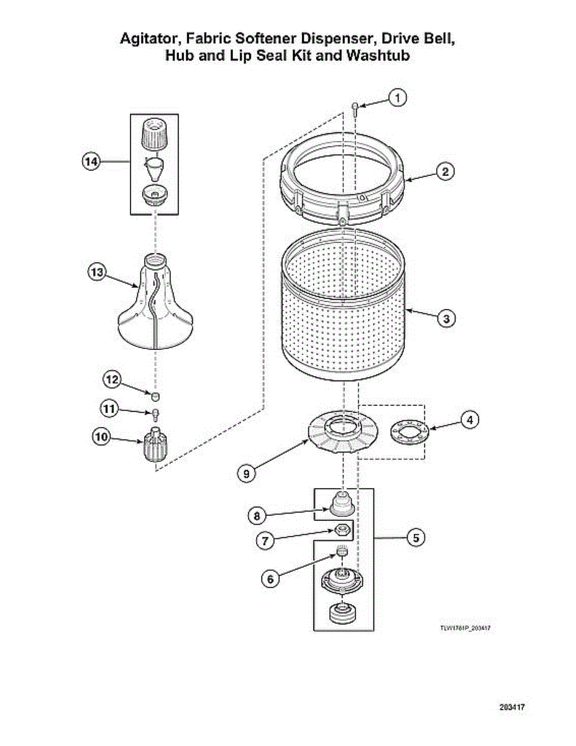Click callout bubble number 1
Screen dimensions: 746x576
click(398, 98)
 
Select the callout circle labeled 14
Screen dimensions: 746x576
click(92, 162)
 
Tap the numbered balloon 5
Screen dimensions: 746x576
click(416, 537)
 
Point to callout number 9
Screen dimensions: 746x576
click(247, 473)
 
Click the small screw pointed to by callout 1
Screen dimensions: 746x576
click(355, 109)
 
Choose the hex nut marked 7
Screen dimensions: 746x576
click(341, 530)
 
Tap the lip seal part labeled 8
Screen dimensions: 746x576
click(341, 503)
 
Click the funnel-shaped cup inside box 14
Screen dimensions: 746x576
click(155, 167)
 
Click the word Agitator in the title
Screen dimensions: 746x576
click(147, 39)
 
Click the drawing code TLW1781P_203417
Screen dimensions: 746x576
click(462, 629)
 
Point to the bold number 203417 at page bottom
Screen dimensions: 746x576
click(513, 707)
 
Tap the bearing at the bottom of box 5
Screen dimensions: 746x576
click(341, 613)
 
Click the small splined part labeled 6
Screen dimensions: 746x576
click(341, 551)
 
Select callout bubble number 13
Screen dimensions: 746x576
click(97, 272)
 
